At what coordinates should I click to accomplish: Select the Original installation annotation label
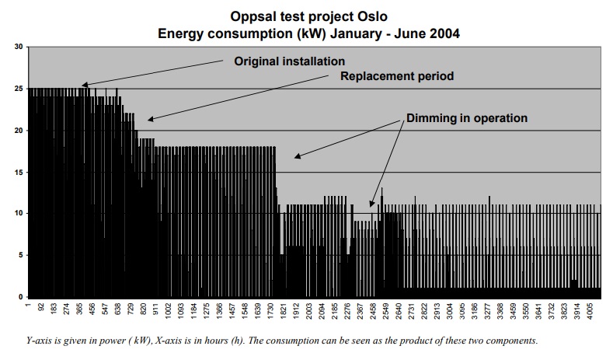(x=289, y=61)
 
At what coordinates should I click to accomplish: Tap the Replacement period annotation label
(x=397, y=76)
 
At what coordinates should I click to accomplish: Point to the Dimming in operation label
(x=466, y=118)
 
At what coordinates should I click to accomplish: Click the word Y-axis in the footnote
(x=40, y=341)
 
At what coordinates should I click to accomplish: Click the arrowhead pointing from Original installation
(x=82, y=86)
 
